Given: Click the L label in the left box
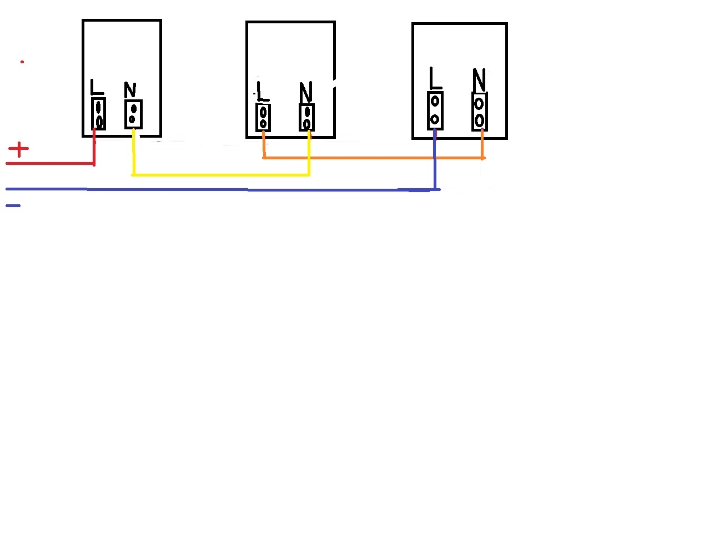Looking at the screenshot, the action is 97,87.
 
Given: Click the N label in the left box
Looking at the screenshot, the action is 130,89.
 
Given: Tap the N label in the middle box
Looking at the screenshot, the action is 305,92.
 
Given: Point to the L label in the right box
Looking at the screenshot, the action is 435,78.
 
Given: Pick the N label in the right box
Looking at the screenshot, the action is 479,80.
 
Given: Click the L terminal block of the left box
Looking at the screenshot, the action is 99,114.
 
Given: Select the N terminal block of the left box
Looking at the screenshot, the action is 134,114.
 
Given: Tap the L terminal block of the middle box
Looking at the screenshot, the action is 263,118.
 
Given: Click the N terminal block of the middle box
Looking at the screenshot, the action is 306,118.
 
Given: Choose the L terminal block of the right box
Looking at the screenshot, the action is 435,110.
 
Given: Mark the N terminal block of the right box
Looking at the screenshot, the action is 480,112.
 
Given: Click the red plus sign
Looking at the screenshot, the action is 19,149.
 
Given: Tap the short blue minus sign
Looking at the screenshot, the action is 13,205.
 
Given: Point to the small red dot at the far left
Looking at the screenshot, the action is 22,62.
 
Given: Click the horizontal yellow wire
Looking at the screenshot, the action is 221,174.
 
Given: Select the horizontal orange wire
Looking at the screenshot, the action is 374,158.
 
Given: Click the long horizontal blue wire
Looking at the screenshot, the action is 223,189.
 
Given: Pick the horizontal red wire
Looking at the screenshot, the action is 51,163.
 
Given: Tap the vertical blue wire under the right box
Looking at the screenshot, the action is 435,159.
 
